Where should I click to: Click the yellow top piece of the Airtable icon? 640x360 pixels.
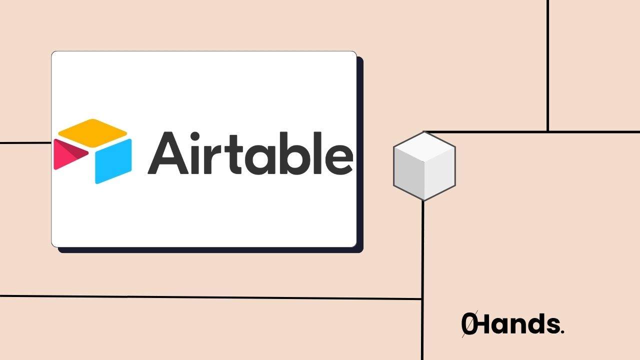(x=92, y=129)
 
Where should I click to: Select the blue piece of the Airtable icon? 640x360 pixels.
(x=113, y=161)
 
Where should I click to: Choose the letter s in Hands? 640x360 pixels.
(x=552, y=326)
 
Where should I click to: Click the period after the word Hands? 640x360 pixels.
(x=562, y=332)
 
